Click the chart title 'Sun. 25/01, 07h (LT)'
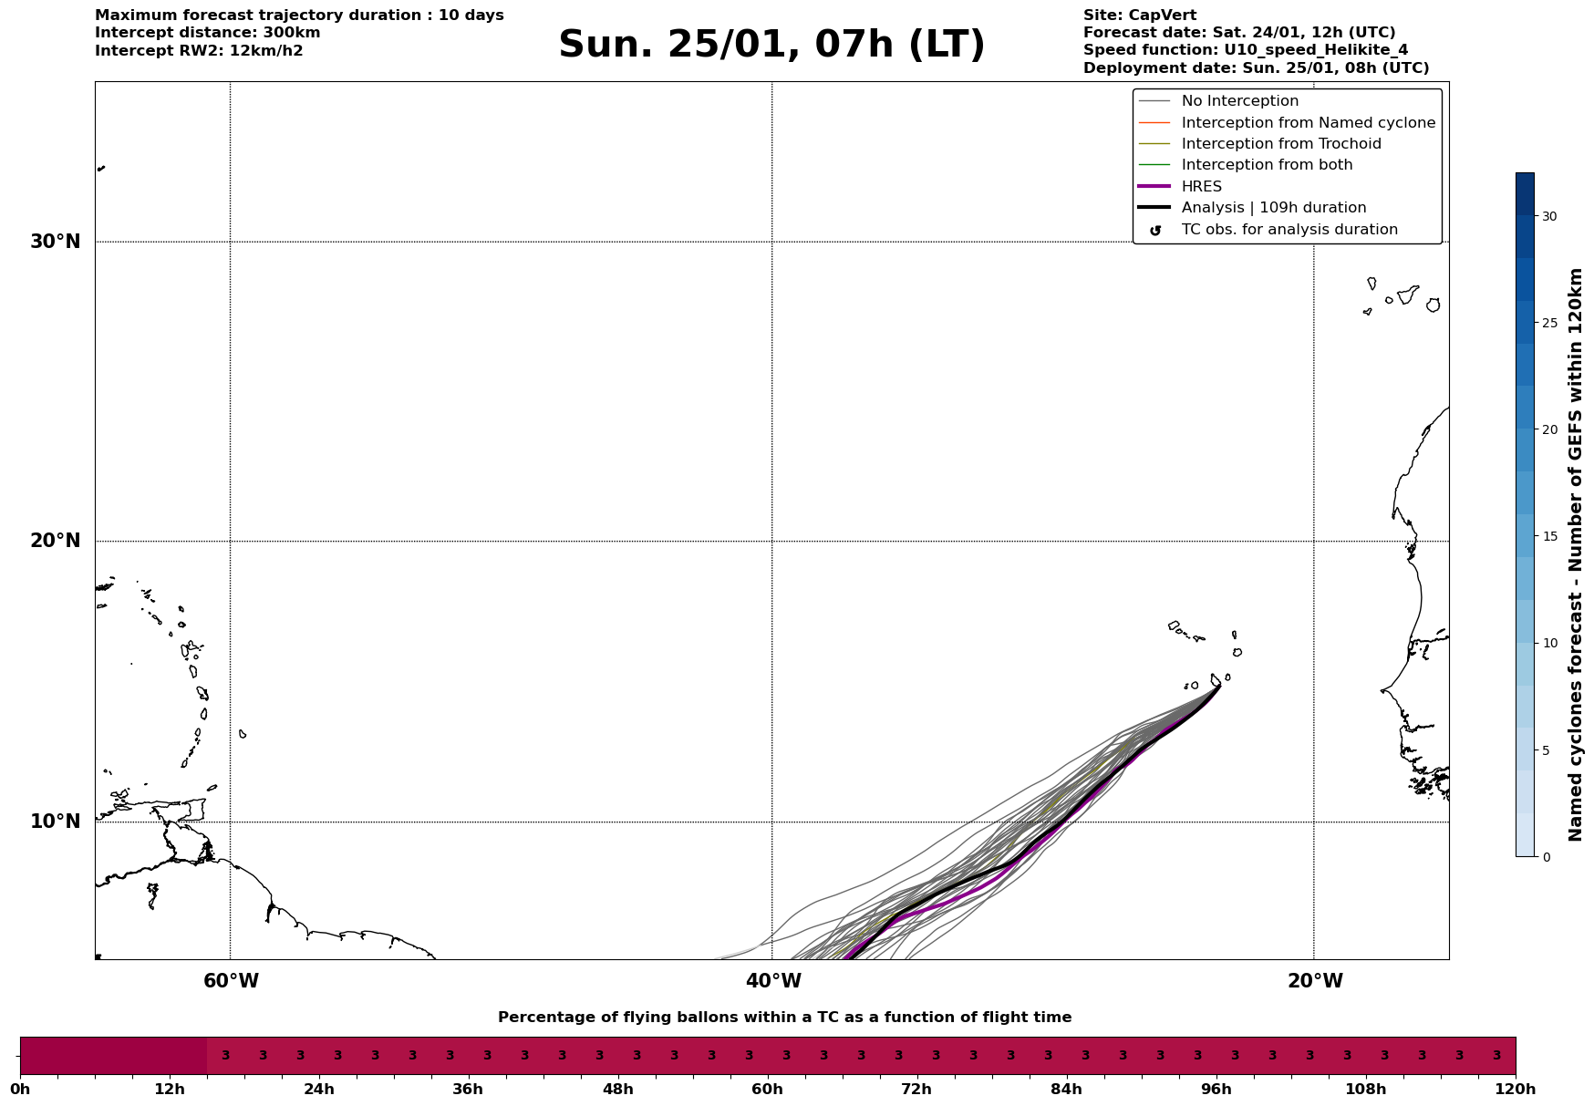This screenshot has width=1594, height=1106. pos(771,45)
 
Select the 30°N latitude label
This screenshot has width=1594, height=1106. pos(56,242)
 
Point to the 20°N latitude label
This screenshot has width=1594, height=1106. pos(56,541)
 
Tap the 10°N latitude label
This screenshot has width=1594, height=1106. pos(56,822)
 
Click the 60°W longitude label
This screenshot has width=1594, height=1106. pos(231,981)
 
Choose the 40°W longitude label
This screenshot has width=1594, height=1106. pos(773,981)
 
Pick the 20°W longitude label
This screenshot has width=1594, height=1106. pos(1315,981)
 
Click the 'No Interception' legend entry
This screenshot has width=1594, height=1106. pos(1239,101)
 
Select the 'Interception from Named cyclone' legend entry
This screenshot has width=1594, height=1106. pos(1308,123)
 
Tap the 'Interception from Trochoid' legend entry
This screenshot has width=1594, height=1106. pos(1280,144)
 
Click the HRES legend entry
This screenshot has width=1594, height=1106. pos(1201,187)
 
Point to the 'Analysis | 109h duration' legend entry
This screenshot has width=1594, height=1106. pos(1273,208)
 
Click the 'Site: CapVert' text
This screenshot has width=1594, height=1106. pos(1139,16)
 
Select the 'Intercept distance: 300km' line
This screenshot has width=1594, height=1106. pos(207,33)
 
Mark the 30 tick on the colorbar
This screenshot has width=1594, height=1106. pos(1549,216)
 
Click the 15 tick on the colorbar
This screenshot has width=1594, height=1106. pos(1549,536)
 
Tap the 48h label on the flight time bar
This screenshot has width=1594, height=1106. pos(617,1089)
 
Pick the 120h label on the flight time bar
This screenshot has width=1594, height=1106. pos(1516,1089)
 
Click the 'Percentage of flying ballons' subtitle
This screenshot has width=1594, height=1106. pos(784,1018)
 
